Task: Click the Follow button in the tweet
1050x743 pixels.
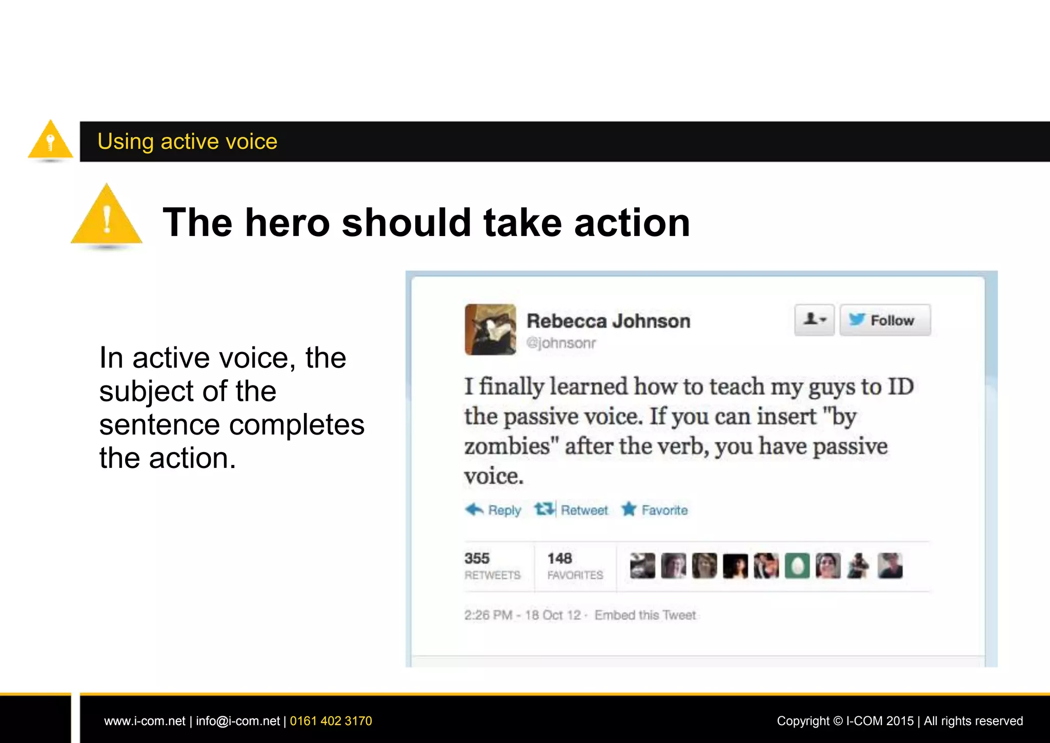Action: [884, 320]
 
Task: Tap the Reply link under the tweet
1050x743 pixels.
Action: [494, 510]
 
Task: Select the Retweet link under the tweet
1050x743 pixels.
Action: [572, 510]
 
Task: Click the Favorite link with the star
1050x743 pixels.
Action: [655, 510]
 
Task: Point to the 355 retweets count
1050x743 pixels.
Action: [477, 558]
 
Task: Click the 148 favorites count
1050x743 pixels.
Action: [559, 558]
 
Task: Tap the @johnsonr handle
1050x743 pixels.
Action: [561, 343]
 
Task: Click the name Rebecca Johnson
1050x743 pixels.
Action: [609, 321]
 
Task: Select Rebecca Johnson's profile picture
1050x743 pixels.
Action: [491, 329]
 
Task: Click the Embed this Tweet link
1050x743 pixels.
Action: [645, 615]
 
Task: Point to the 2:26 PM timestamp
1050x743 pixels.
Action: [488, 615]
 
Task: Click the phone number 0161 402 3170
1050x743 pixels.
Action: [331, 721]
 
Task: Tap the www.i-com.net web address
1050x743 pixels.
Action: [145, 721]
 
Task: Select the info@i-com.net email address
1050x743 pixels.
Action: [238, 721]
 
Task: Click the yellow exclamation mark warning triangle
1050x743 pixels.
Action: [107, 218]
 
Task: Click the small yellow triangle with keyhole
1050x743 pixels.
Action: [50, 141]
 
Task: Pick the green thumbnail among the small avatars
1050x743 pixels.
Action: [797, 566]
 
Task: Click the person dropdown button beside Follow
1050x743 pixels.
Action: [814, 320]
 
